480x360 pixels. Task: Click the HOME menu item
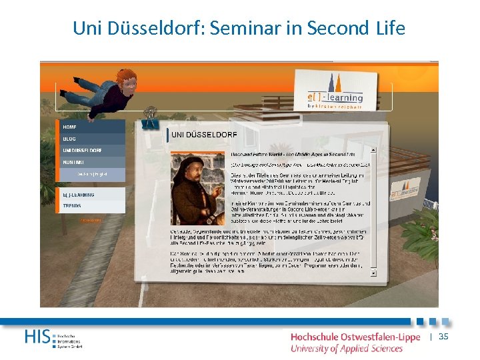(70, 127)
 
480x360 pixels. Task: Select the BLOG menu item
(69, 139)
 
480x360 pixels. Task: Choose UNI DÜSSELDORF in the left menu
(83, 151)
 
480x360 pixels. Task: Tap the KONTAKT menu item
(74, 162)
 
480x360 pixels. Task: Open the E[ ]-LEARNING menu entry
(79, 195)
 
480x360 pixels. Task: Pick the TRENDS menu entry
(72, 206)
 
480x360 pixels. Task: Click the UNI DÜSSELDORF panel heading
(204, 135)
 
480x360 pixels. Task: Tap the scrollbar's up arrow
(373, 151)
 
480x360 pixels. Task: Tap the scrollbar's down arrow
(373, 273)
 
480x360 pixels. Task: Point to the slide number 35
(443, 337)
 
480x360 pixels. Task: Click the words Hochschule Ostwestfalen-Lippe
(355, 337)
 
